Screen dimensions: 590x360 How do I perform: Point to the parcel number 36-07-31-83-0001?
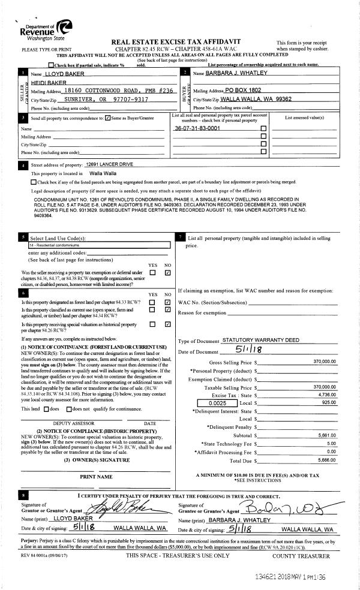[x=197, y=128]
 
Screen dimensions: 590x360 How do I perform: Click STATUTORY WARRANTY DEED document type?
[x=260, y=340]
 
